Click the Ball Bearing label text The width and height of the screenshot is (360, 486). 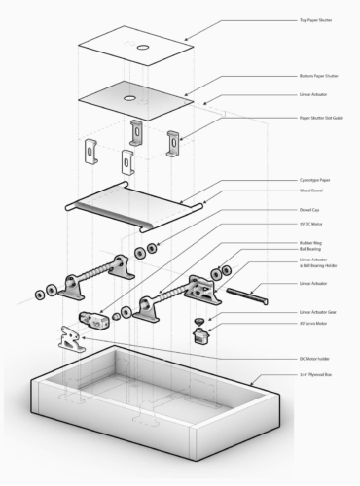click(x=308, y=249)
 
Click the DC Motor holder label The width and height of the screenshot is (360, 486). click(x=313, y=358)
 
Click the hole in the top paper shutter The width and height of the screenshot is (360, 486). click(x=142, y=47)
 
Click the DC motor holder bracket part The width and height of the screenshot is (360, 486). click(x=68, y=337)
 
